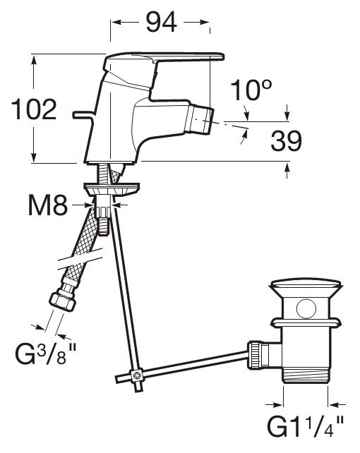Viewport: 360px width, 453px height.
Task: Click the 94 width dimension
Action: coord(161,23)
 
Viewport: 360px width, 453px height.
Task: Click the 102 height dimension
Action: coord(34,109)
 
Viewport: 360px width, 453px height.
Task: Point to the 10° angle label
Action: coord(251,90)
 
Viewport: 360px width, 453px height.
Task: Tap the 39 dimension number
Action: coord(286,141)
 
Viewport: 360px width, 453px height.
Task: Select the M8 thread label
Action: coord(48,205)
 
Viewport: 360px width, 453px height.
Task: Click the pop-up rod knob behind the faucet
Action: coord(83,115)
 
